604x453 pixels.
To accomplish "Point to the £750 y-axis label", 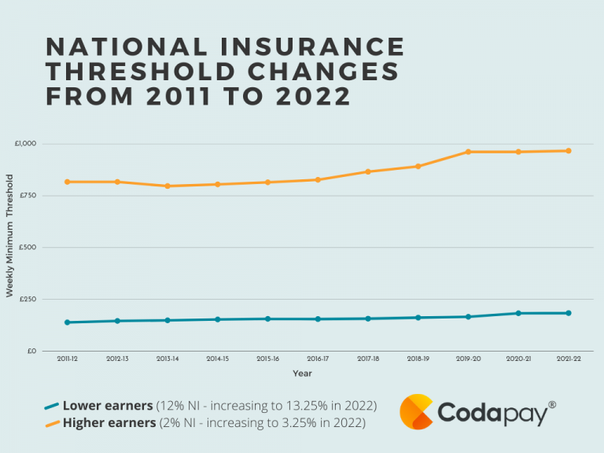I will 28,196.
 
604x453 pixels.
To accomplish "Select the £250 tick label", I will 28,299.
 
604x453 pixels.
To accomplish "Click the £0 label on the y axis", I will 31,351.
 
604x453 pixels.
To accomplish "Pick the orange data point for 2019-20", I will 468,152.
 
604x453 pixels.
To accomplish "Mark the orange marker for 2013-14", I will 168,186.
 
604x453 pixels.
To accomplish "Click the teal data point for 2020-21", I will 518,313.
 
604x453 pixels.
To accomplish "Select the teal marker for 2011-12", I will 68,322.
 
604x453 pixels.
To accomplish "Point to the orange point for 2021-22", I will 568,151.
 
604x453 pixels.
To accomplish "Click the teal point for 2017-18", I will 368,319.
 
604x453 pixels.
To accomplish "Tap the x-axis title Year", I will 302,373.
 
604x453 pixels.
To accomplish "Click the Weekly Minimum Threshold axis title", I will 10,247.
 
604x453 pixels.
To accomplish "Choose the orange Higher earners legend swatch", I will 51,423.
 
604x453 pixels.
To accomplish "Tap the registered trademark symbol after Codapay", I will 551,404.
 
